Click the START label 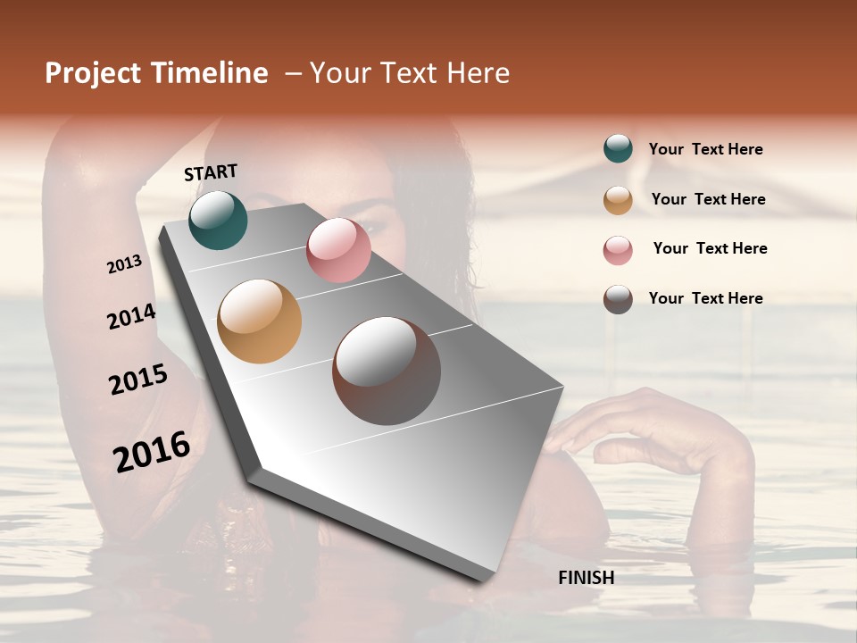tap(211, 172)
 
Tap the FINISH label tap(586, 578)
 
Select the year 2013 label tap(125, 264)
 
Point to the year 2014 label tap(131, 317)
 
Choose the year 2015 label tap(138, 380)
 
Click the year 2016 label tap(152, 451)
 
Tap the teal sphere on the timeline tap(218, 220)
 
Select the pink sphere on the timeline tap(338, 250)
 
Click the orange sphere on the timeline tap(259, 321)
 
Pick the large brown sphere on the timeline tap(386, 371)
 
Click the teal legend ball tap(618, 149)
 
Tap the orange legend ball tap(618, 200)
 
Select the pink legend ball tap(618, 250)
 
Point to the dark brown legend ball tap(618, 299)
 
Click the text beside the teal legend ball tap(705, 150)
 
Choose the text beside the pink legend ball tap(710, 248)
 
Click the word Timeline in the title tap(208, 73)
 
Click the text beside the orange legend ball tap(708, 199)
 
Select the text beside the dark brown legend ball tap(705, 298)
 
